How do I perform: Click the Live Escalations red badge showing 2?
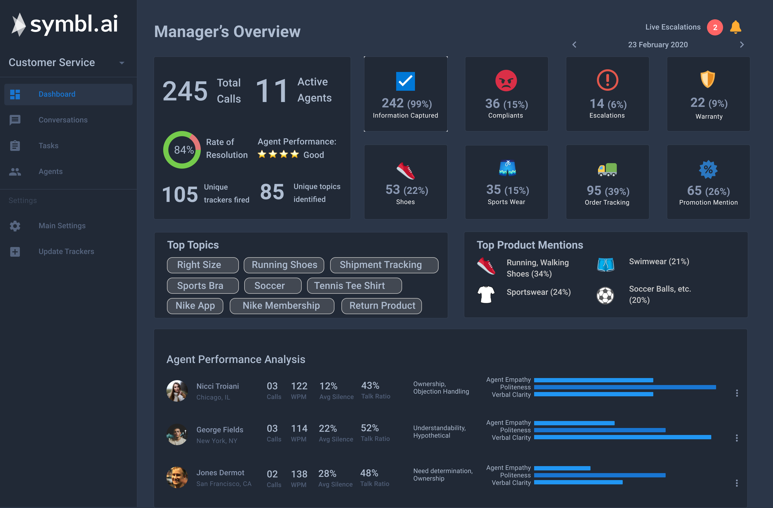[x=714, y=27]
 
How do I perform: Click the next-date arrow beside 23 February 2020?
[x=742, y=45]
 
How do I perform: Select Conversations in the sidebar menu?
[x=63, y=120]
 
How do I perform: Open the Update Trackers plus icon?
[x=15, y=252]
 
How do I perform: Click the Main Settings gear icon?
[x=15, y=226]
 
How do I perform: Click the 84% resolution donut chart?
[x=182, y=150]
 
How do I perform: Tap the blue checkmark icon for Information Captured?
[x=405, y=81]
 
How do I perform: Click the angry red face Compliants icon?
[x=506, y=81]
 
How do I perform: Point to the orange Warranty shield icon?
[x=708, y=79]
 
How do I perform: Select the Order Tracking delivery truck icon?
[x=607, y=169]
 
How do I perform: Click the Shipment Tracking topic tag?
[x=384, y=265]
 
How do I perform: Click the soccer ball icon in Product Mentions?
[x=605, y=295]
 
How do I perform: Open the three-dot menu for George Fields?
[x=736, y=438]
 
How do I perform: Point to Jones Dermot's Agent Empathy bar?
[x=562, y=468]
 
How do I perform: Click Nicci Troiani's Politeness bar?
[x=625, y=387]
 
